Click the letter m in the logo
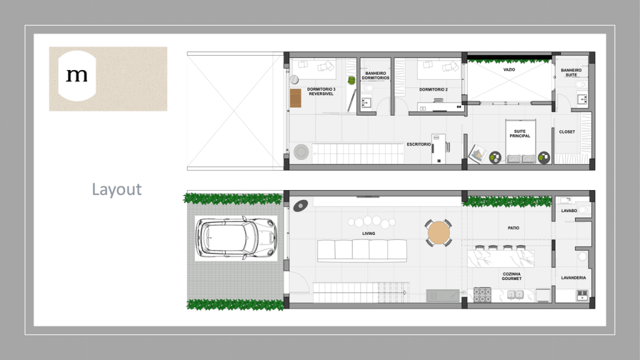77,75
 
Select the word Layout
117,190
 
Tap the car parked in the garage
236,238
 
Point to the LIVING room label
369,234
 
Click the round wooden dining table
439,232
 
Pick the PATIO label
514,227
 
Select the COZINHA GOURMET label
512,276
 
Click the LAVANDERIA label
574,277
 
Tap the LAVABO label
569,211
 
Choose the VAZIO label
509,70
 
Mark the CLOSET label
567,132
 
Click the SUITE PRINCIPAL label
519,134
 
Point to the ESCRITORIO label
419,144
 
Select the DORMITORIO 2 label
434,89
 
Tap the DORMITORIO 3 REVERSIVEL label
321,91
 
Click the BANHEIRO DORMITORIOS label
376,76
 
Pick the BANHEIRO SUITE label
571,72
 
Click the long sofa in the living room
362,251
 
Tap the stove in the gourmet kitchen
482,295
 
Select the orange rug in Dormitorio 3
296,98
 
